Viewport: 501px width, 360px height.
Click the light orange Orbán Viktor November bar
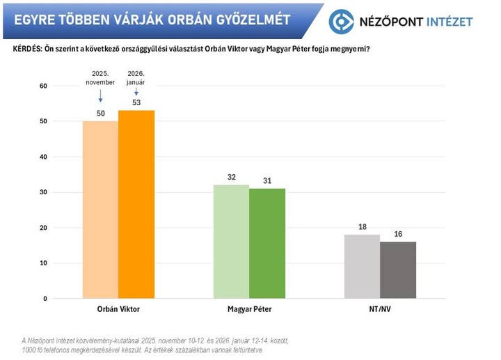(100, 209)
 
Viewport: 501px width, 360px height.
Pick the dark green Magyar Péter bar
(267, 243)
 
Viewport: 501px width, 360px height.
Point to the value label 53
(136, 103)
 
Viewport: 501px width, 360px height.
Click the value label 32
(232, 178)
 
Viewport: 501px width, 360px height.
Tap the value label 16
(398, 235)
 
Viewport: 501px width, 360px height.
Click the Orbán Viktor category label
(118, 308)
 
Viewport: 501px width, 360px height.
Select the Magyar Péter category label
(249, 308)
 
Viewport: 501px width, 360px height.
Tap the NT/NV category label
(380, 308)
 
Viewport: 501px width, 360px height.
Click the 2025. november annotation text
(100, 77)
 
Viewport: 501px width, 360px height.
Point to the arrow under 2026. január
(136, 91)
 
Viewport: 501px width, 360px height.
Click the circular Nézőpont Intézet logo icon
(342, 21)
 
